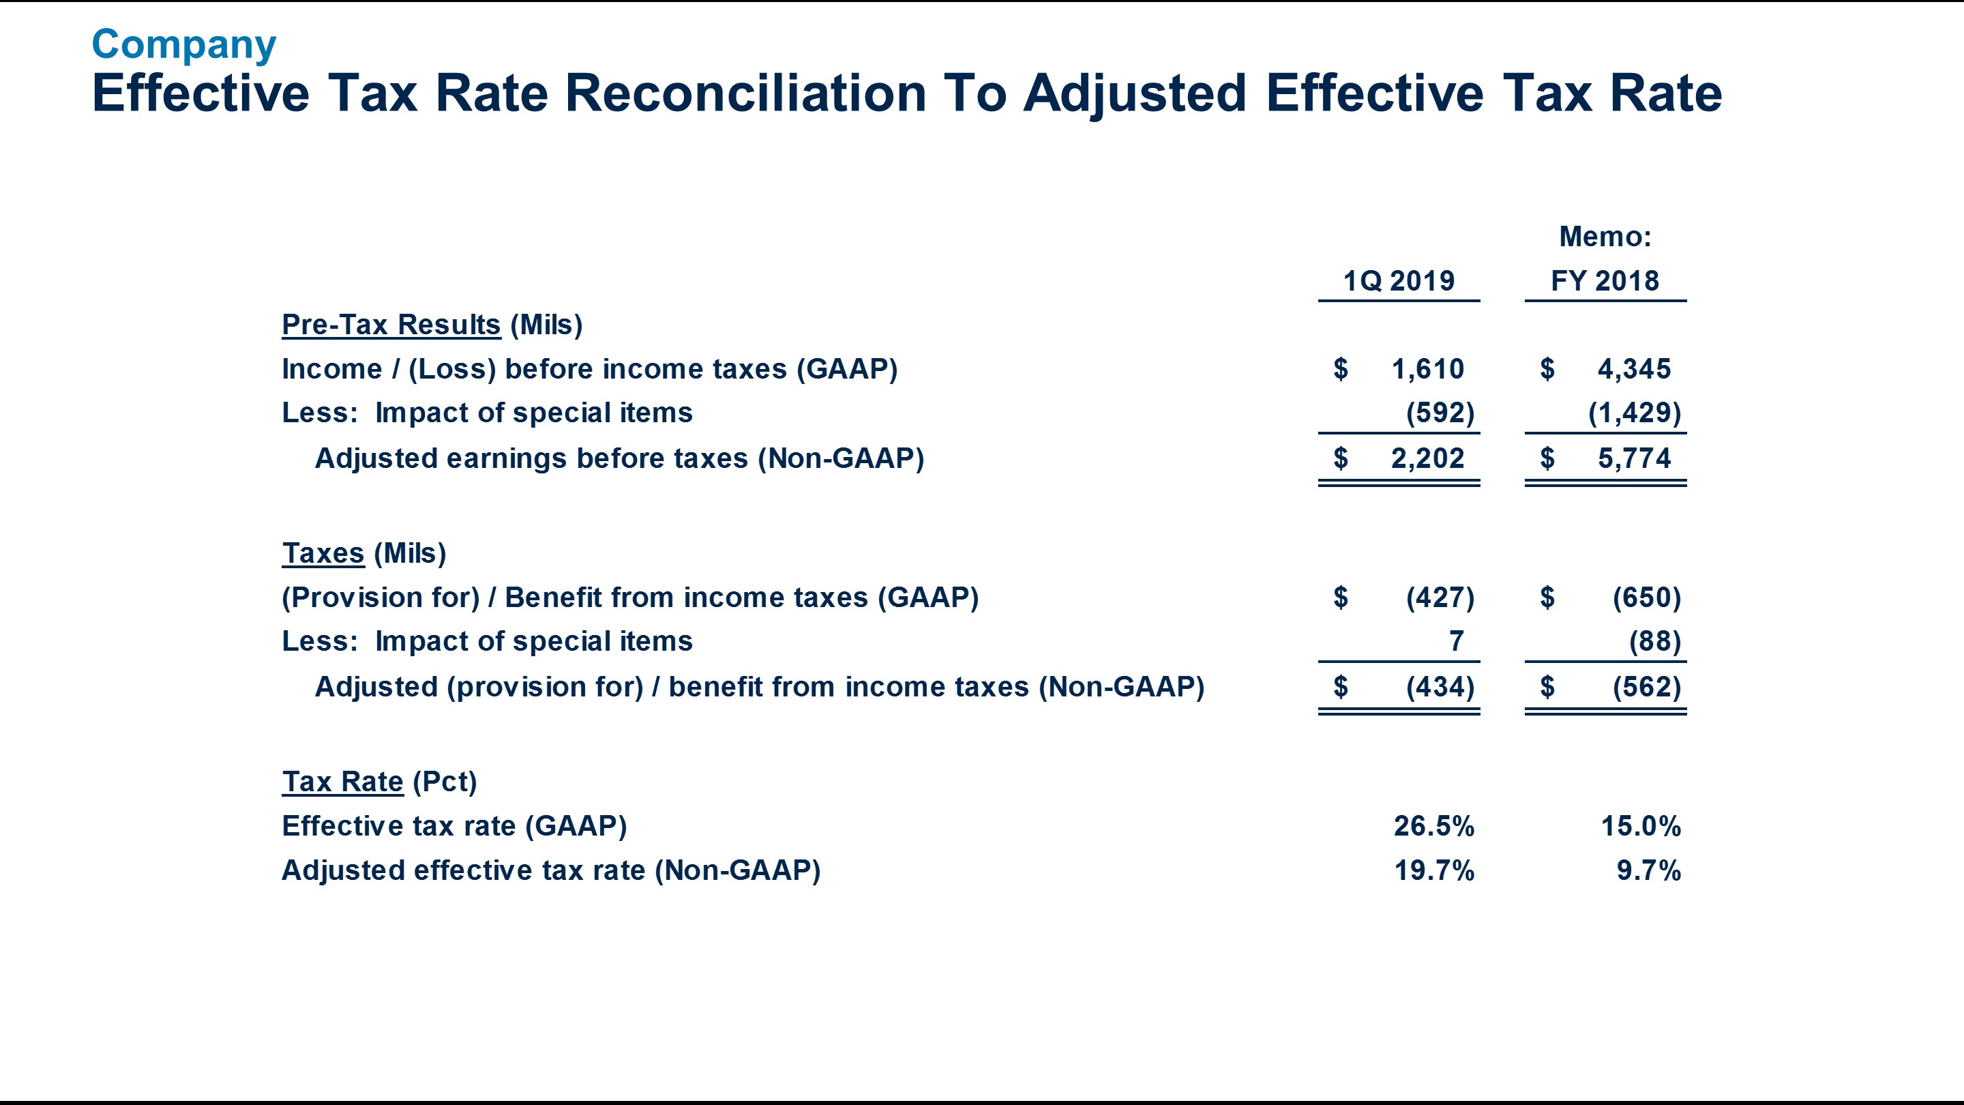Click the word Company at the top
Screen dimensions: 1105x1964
[183, 45]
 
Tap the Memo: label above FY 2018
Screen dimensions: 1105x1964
[1605, 237]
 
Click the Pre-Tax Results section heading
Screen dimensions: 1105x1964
[391, 325]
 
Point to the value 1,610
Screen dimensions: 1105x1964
[1427, 369]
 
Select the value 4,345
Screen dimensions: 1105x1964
[1634, 369]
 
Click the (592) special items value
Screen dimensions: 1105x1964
[1440, 413]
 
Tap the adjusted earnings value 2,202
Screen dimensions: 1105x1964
[1427, 458]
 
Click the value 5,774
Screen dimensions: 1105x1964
[1634, 458]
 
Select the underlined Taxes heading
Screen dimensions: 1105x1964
[323, 554]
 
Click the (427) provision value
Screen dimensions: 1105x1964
[1440, 597]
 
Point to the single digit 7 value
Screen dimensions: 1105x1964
[1456, 641]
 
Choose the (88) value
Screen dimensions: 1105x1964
[1654, 641]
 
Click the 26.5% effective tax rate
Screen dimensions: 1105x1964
[1433, 826]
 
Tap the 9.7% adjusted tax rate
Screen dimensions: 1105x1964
[1648, 870]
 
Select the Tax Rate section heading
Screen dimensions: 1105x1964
[342, 782]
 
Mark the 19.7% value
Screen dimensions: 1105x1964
[1433, 870]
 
